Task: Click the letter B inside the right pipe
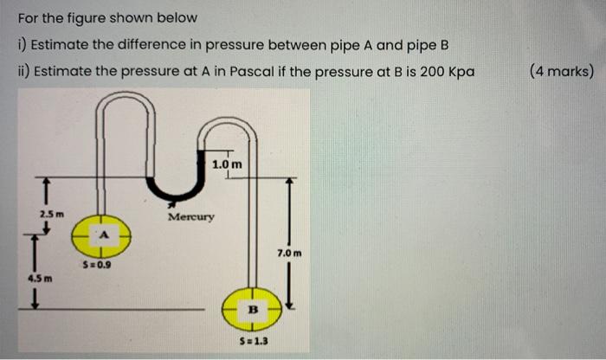point(254,306)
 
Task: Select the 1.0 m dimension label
point(227,163)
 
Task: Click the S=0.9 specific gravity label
point(96,266)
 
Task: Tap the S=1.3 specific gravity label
point(253,341)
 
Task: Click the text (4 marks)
point(561,70)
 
